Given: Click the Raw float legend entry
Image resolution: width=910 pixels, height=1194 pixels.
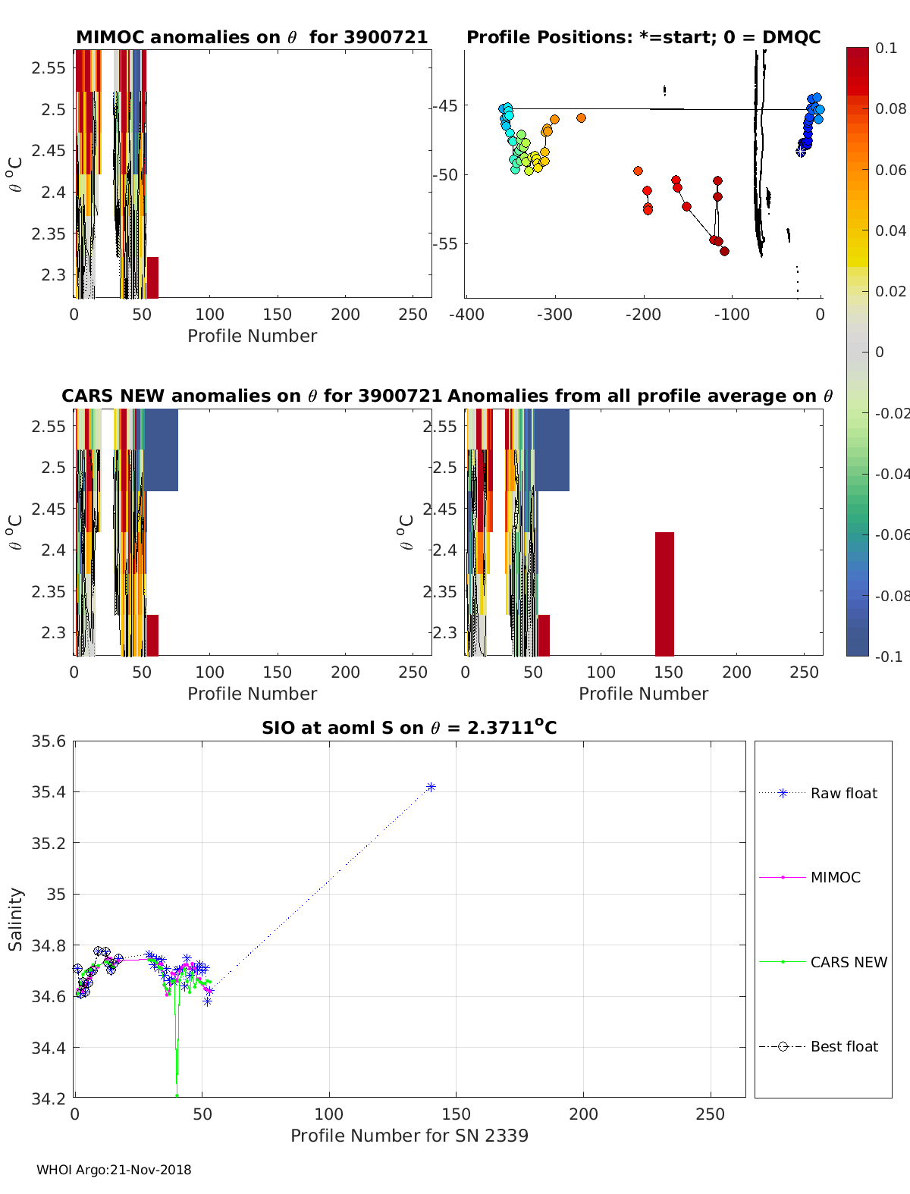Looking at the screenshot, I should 843,793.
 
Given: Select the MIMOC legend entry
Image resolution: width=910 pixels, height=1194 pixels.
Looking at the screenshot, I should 835,877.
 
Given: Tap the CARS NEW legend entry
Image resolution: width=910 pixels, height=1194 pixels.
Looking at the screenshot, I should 848,962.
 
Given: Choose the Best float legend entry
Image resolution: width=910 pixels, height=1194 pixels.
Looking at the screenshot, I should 843,1046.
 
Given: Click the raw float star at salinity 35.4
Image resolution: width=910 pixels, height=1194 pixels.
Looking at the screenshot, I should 431,787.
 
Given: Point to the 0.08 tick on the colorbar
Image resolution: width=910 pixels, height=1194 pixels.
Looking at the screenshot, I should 890,108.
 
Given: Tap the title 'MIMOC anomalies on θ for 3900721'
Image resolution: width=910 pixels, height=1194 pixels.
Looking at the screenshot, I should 252,37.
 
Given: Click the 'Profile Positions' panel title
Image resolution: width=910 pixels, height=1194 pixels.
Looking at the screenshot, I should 643,37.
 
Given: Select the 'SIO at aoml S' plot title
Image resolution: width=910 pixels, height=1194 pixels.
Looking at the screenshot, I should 409,728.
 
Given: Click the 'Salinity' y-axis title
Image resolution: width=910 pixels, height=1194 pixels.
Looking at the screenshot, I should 15,919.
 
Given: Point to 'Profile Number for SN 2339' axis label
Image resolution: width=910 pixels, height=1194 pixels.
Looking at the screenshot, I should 409,1136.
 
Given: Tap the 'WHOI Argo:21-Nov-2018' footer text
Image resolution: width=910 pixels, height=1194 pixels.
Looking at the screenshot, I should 114,1170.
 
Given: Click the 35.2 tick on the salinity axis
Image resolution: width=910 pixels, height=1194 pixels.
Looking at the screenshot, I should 49,843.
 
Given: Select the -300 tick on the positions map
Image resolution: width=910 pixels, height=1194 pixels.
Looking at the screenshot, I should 554,314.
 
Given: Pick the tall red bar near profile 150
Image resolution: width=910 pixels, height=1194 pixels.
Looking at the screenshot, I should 664,594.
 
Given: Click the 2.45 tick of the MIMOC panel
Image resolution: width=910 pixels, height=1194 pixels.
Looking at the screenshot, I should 49,150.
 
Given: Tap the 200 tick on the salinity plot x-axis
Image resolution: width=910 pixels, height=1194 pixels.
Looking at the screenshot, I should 583,1114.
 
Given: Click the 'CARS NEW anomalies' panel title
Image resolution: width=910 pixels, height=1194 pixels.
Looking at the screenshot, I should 252,396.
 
